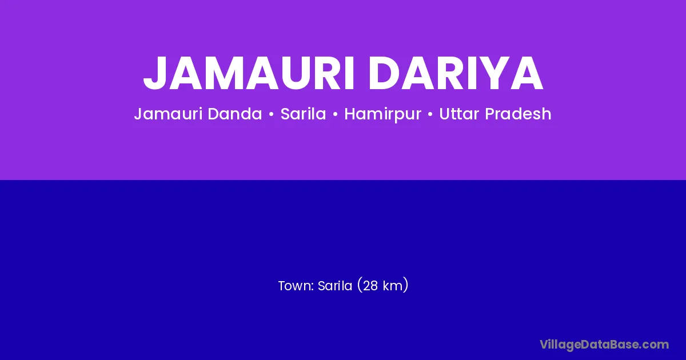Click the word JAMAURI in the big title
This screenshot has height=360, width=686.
(x=249, y=73)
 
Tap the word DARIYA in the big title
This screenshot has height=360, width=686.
(x=456, y=73)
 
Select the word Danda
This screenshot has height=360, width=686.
(x=235, y=114)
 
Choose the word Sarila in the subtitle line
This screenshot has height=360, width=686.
(x=303, y=114)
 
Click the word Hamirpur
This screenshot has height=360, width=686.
(x=383, y=114)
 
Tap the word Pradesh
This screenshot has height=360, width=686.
(x=518, y=114)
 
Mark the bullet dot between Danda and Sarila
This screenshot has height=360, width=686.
(x=271, y=114)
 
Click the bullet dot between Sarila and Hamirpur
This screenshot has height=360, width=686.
(x=335, y=114)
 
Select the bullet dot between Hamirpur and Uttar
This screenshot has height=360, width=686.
(x=430, y=114)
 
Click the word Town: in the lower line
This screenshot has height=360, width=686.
(x=296, y=286)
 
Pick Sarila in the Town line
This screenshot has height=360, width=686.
(x=335, y=286)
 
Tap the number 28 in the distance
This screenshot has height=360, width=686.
(x=370, y=286)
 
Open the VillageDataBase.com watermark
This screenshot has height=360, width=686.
(x=604, y=345)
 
